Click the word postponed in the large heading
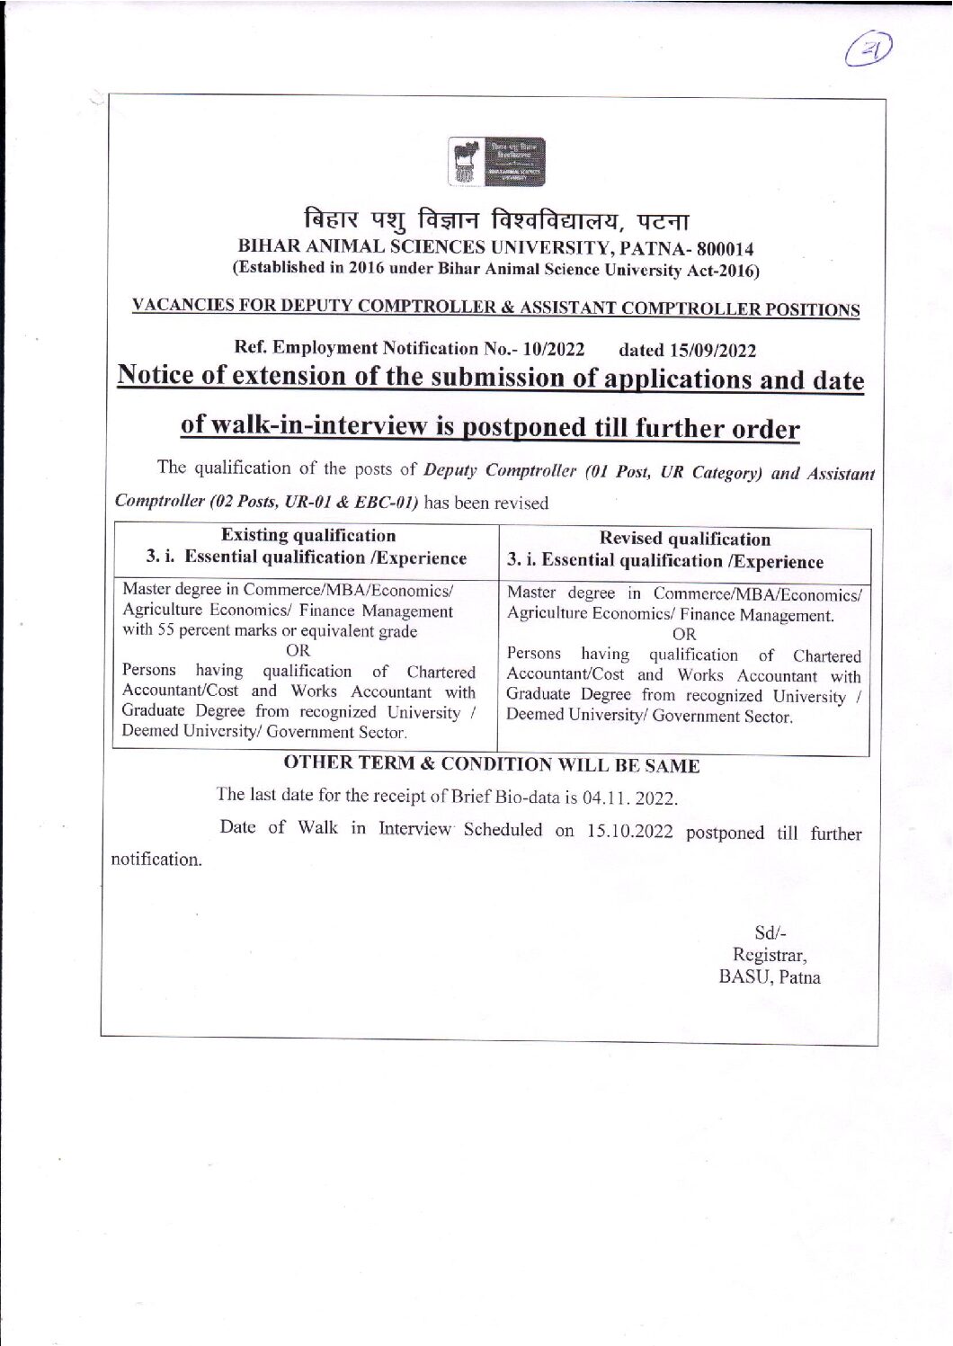click(525, 426)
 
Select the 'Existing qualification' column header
click(307, 536)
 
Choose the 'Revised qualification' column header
click(684, 539)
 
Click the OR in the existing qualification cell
click(298, 651)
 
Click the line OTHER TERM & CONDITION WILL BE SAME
click(491, 764)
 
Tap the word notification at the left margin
click(156, 860)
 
